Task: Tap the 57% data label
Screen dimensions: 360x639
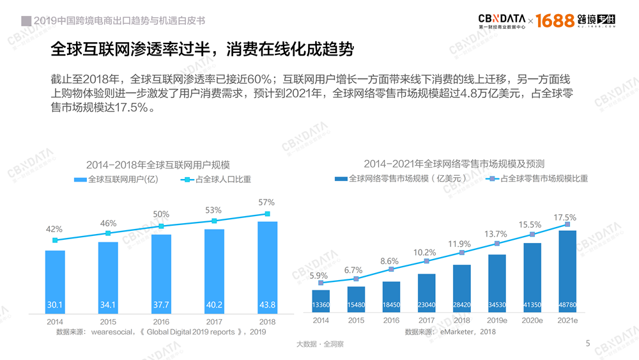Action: tap(267, 202)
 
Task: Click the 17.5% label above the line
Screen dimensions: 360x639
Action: tap(565, 217)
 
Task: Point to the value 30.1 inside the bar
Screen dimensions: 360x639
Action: tap(55, 304)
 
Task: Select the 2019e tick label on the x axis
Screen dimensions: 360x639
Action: tap(497, 320)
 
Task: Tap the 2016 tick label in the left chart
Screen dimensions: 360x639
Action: tap(161, 322)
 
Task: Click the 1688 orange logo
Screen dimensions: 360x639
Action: tap(555, 20)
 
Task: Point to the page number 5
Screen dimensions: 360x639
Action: tap(588, 343)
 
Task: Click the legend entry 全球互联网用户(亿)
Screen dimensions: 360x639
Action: tap(116, 180)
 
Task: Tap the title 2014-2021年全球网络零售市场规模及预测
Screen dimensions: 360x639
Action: tap(458, 164)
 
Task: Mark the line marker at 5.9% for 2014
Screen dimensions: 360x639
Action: tap(321, 283)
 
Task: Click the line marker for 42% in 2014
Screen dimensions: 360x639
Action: tap(55, 240)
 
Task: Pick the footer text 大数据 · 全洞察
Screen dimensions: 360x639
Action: tap(320, 344)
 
